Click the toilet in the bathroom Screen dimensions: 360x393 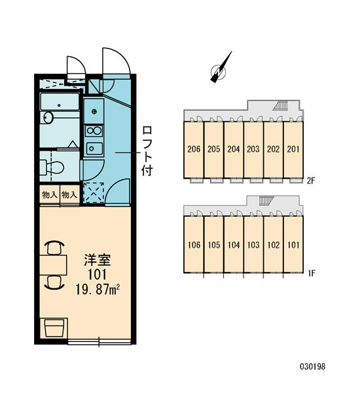[x=52, y=167]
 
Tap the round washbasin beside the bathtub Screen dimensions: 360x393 [x=48, y=117]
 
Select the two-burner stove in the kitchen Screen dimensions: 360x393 [x=94, y=131]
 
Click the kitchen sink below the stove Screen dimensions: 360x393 [x=94, y=149]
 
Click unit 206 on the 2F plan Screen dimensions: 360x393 [x=194, y=149]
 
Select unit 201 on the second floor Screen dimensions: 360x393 [x=293, y=149]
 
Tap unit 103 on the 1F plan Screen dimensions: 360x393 [x=253, y=244]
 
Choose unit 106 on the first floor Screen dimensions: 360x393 [x=194, y=244]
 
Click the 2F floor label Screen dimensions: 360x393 [x=311, y=181]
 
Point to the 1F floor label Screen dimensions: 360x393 [x=311, y=273]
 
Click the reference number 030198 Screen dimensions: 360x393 [x=313, y=366]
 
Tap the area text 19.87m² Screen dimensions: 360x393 [x=98, y=290]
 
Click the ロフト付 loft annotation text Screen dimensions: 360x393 [x=147, y=151]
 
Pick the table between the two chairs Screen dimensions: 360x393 [x=54, y=265]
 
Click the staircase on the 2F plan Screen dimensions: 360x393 [x=281, y=105]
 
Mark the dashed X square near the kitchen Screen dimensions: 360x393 [x=94, y=193]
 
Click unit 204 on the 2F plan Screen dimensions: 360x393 [x=234, y=149]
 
